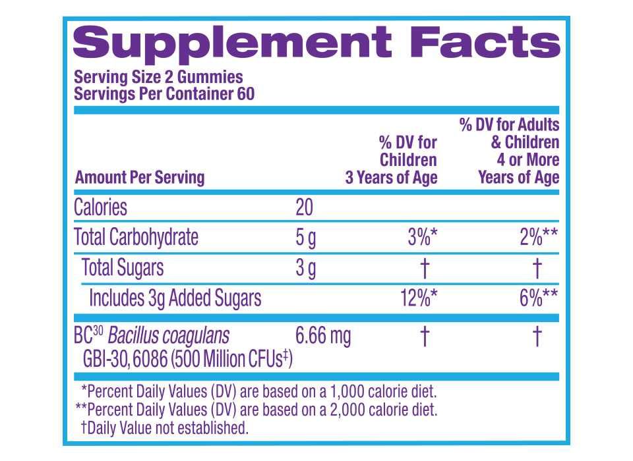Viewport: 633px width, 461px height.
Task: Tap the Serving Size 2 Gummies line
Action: point(158,77)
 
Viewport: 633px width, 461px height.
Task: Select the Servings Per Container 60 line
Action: point(164,94)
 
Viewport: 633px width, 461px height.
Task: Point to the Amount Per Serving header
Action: point(140,177)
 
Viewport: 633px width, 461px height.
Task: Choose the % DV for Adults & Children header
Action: point(509,151)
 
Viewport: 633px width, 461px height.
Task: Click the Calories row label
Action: point(100,207)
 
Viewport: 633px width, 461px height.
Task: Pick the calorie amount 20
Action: point(304,207)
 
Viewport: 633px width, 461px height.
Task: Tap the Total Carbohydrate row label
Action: point(136,237)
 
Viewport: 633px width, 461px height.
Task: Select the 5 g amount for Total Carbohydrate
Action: point(306,238)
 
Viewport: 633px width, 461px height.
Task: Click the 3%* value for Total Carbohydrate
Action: point(423,238)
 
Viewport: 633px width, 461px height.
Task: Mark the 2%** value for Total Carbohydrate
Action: point(539,238)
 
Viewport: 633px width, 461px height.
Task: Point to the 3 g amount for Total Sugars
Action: point(306,268)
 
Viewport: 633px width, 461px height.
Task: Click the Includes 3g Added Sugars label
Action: point(175,298)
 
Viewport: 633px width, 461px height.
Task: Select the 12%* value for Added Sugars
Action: point(418,298)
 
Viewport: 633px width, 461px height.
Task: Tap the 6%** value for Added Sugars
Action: point(539,298)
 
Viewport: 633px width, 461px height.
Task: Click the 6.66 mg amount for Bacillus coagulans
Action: point(323,336)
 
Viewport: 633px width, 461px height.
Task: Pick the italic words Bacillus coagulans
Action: point(169,336)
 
